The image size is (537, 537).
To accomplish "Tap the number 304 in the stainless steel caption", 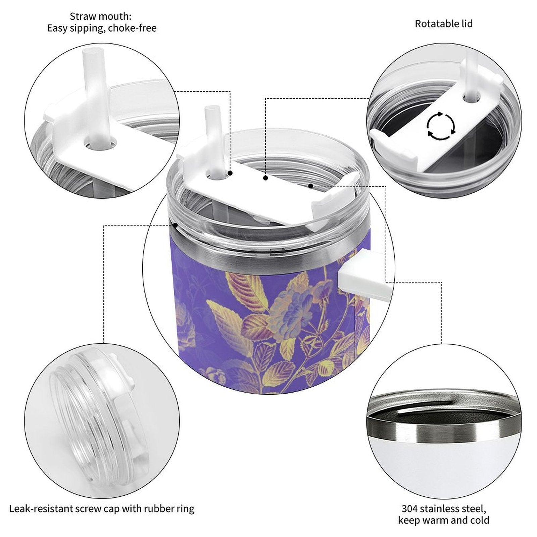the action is pyautogui.click(x=409, y=508).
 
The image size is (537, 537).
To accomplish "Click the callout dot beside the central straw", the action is pyautogui.click(x=230, y=173).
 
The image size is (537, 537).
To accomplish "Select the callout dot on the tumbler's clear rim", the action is pyautogui.click(x=175, y=225).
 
